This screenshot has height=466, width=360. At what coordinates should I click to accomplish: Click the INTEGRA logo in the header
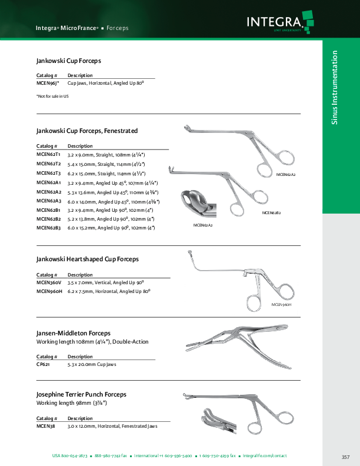point(277,22)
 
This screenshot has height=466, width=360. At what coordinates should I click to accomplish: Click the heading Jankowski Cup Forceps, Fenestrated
point(87,130)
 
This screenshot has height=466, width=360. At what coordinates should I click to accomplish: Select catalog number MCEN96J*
point(48,84)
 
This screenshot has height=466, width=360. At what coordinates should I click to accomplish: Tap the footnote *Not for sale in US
point(52,96)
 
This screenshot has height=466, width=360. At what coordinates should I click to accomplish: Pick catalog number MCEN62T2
point(48,164)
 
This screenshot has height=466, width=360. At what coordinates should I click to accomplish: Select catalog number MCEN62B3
point(48,227)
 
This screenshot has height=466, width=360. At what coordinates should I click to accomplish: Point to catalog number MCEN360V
point(49,282)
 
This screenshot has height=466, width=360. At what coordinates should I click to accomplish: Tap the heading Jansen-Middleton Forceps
point(74,333)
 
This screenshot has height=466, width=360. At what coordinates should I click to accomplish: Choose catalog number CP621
point(44,365)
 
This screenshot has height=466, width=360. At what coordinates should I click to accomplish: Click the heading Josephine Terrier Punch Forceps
point(81,394)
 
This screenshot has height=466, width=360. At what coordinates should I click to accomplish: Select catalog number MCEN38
point(46,425)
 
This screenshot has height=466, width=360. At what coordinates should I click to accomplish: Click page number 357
point(345,457)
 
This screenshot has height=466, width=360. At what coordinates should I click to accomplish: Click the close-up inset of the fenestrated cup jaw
point(198,206)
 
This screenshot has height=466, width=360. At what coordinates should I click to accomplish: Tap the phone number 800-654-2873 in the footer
point(75,456)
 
